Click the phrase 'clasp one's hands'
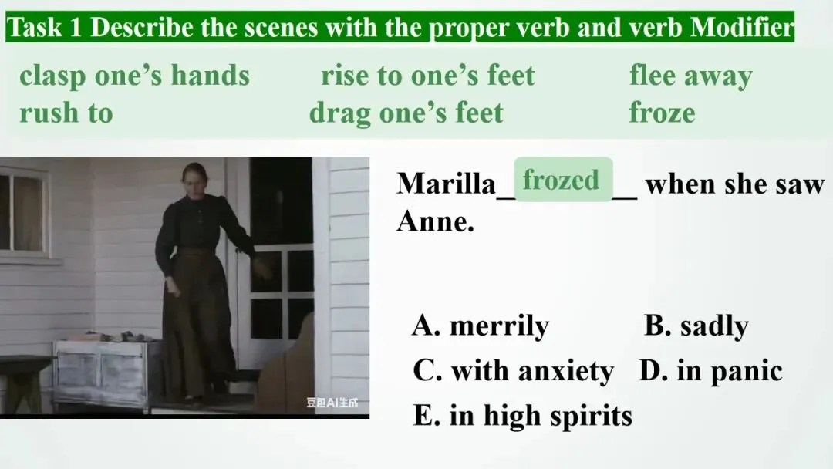(134, 76)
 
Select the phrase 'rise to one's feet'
(427, 76)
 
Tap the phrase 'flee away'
(690, 76)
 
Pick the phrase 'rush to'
(66, 113)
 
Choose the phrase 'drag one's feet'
(406, 113)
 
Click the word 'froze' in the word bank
(662, 113)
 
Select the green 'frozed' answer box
(563, 180)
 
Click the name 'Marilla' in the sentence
(447, 184)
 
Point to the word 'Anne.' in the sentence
(435, 221)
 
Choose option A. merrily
(481, 325)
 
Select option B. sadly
(696, 325)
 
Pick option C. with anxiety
(513, 370)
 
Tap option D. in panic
(711, 370)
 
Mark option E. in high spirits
(523, 415)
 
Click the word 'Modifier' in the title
(742, 27)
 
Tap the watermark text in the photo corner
(332, 403)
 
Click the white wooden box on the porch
(106, 372)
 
